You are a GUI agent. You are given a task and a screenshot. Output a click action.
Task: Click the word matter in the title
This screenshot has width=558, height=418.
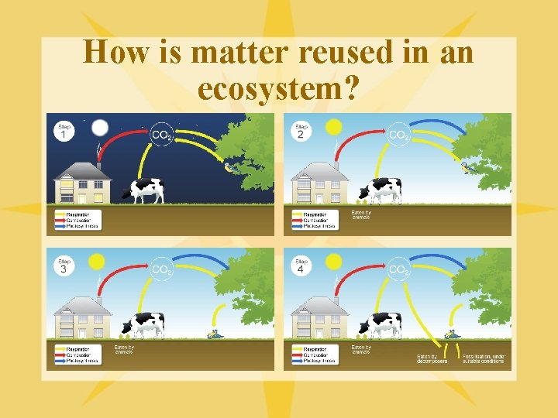point(236,53)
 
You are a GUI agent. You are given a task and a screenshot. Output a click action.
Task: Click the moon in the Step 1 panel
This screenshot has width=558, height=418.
point(100,127)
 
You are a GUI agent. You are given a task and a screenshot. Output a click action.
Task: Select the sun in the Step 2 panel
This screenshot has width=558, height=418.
point(334,127)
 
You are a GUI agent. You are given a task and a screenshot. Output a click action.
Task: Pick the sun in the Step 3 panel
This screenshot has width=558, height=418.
point(98,262)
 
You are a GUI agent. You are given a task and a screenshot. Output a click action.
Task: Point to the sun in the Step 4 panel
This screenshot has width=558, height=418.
point(334,262)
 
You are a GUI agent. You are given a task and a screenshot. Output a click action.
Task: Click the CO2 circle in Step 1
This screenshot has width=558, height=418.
point(162,135)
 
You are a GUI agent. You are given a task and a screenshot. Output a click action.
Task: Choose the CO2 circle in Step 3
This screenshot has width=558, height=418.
point(162,269)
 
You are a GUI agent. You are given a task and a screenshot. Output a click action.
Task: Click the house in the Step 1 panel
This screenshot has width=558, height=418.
point(83,183)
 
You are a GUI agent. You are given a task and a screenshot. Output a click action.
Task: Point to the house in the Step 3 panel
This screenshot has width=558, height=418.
point(83,317)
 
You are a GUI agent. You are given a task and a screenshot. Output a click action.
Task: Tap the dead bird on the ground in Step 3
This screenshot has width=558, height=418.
point(213,334)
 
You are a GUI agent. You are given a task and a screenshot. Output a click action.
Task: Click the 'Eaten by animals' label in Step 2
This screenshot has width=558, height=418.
point(361,214)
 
